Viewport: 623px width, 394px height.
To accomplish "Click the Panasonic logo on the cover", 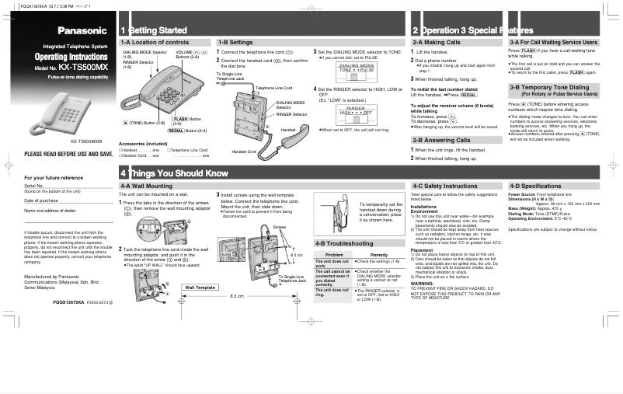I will pos(81,30).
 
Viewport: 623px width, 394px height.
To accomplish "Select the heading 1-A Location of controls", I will pos(155,41).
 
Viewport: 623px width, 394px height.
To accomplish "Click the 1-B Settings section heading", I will pos(236,41).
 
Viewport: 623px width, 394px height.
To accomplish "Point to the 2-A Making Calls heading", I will pos(437,41).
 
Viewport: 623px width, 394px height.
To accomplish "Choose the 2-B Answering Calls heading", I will pos(441,139).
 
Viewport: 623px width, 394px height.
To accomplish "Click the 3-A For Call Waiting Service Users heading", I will pos(554,41).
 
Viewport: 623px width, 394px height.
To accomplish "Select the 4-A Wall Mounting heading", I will pos(147,187).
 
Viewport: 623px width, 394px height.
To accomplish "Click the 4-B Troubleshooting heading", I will pos(344,243).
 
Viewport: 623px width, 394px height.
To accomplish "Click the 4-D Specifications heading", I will pos(535,187).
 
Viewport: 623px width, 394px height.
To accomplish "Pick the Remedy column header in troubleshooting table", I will pos(378,254).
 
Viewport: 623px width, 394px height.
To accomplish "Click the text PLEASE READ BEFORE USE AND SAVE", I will pos(69,155).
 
